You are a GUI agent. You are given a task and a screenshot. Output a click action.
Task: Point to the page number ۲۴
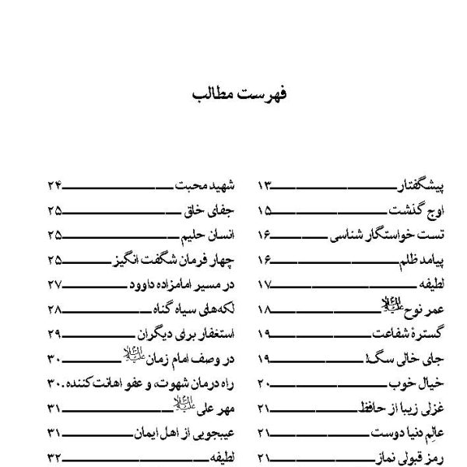coord(54,187)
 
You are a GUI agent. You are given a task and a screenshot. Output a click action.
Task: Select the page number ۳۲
coord(54,458)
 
